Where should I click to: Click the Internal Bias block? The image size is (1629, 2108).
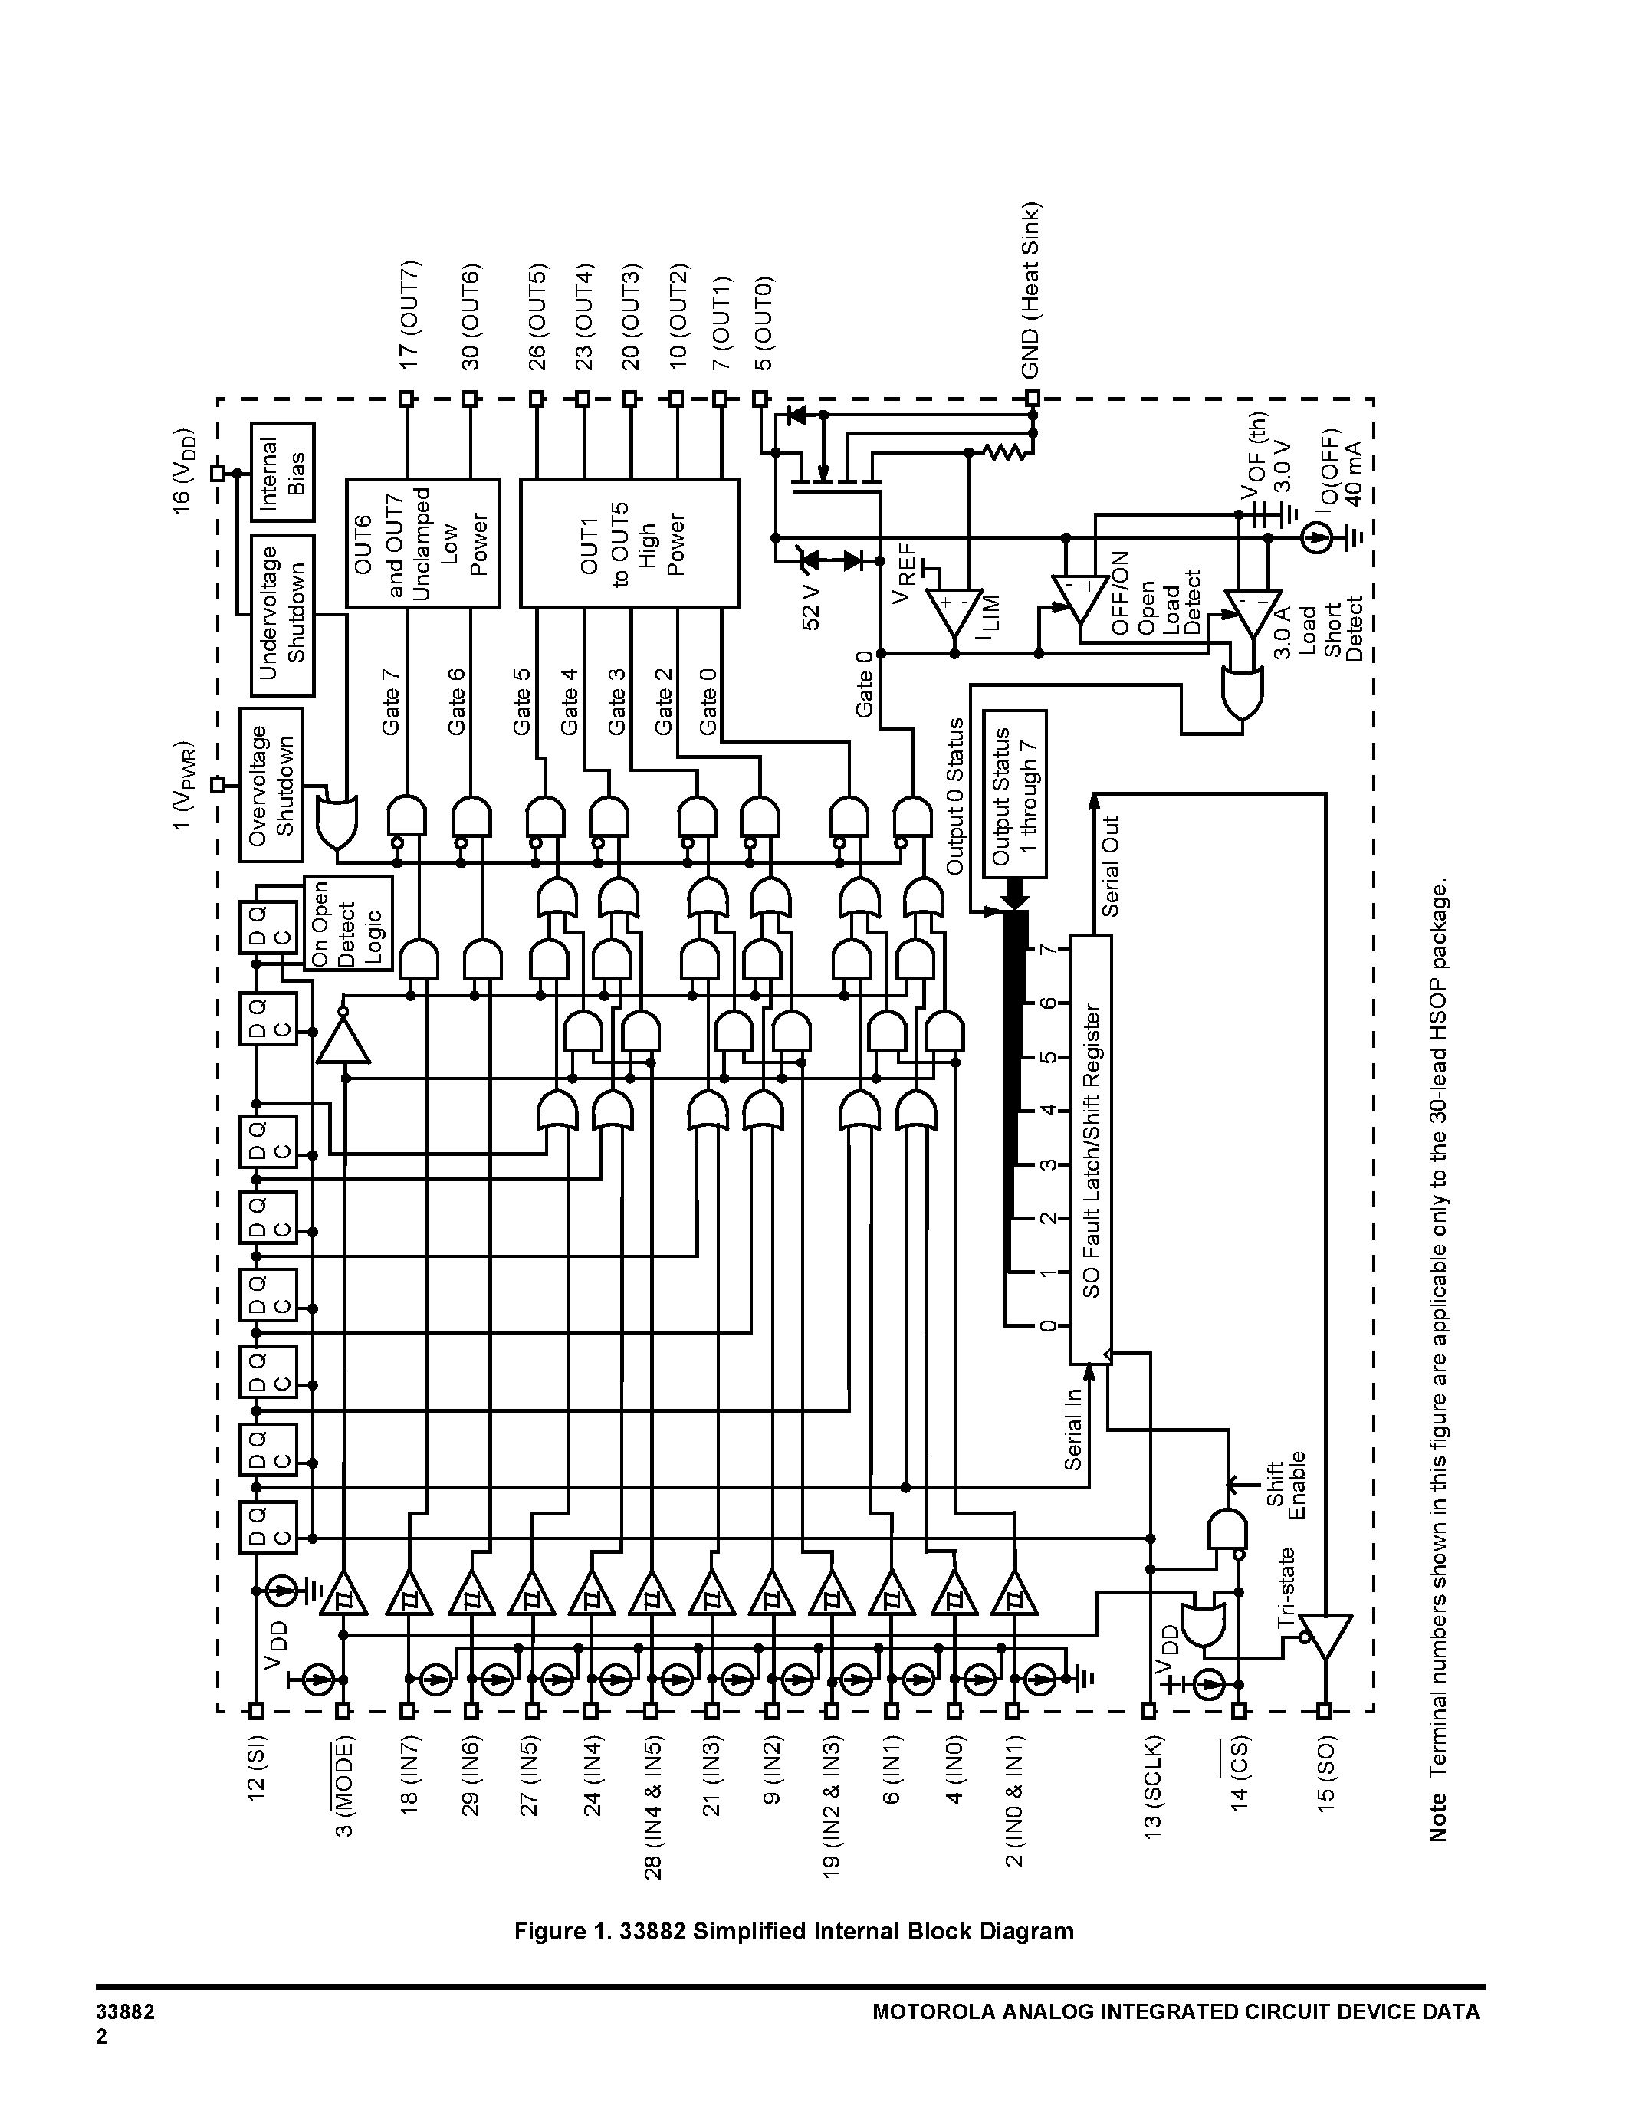(283, 473)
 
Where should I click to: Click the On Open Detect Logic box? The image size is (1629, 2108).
(348, 924)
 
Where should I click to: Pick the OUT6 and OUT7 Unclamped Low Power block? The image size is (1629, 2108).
(422, 543)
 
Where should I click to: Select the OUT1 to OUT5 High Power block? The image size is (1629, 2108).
(629, 543)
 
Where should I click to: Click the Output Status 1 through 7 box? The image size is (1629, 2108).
(1014, 794)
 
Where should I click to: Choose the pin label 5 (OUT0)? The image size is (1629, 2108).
(763, 323)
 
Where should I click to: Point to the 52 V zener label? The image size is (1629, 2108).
(812, 607)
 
